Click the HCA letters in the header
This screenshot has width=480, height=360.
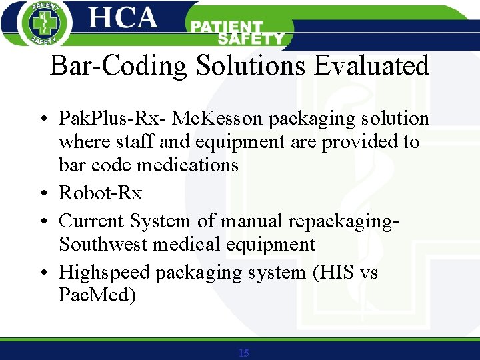123,18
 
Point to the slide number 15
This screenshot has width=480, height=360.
243,353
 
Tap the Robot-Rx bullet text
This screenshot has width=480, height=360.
101,193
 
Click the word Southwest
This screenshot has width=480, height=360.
103,244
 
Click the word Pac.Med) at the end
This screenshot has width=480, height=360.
97,295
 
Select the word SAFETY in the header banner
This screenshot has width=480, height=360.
251,39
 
